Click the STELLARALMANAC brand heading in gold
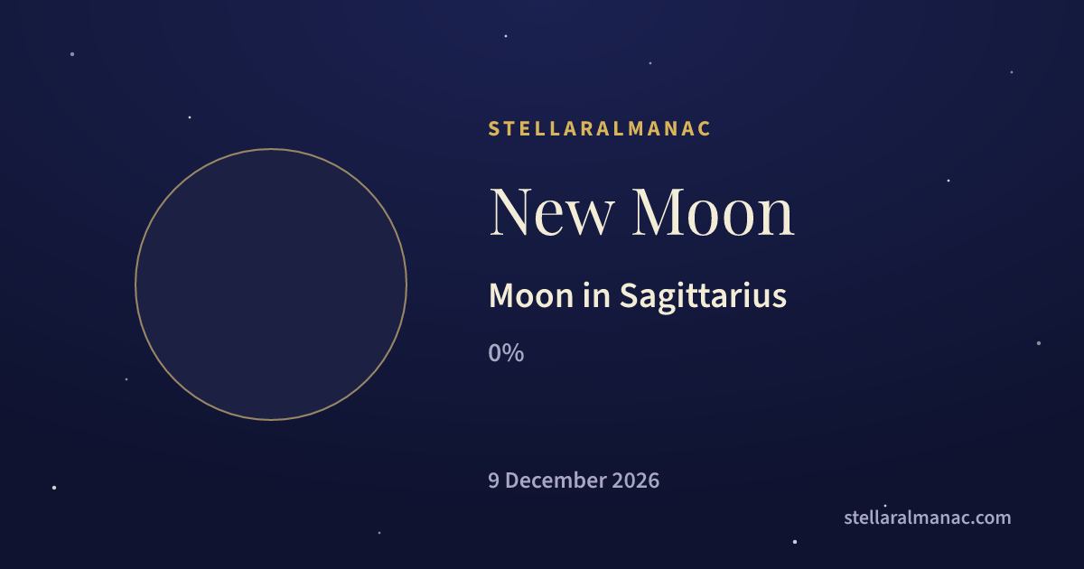pos(599,128)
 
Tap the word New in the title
pos(552,212)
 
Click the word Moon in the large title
pos(714,212)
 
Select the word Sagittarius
pos(703,296)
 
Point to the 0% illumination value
pos(506,353)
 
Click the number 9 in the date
pos(493,480)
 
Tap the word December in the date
pos(555,480)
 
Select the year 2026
pos(635,480)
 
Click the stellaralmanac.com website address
pos(927,518)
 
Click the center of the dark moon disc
pos(271,284)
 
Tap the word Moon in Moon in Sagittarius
pos(531,295)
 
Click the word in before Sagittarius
pos(596,295)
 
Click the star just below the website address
pos(795,542)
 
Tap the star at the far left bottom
pos(54,488)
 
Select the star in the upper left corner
pos(72,54)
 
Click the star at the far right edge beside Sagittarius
pos(1039,343)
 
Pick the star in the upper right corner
pos(1012,72)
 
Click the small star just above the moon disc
pos(190,117)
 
